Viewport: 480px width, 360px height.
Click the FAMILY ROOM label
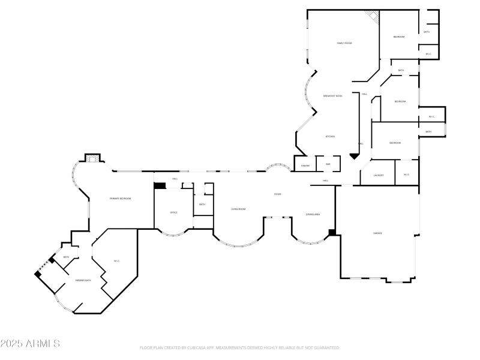(x=344, y=43)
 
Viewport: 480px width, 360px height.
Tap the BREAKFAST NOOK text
(x=332, y=96)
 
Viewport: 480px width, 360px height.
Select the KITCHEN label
(x=330, y=137)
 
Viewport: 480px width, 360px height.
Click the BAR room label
(x=328, y=164)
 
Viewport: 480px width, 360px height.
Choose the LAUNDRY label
(x=378, y=175)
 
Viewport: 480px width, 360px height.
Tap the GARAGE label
(x=377, y=233)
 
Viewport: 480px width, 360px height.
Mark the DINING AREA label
(x=313, y=214)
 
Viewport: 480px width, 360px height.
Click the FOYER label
(x=278, y=194)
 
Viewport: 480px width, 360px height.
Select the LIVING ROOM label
(x=239, y=209)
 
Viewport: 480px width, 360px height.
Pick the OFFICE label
(x=173, y=212)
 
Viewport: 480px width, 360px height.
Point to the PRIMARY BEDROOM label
(x=120, y=199)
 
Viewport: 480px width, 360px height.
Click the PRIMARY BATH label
(x=83, y=280)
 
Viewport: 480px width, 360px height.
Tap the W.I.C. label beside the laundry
(x=406, y=175)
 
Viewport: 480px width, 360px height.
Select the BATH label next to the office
(x=202, y=205)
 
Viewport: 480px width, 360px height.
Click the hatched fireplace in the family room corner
(x=374, y=17)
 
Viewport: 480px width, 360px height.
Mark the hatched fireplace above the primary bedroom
(x=92, y=158)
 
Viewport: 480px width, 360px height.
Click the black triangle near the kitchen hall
(x=354, y=156)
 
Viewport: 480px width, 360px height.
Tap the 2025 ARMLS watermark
(x=30, y=344)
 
